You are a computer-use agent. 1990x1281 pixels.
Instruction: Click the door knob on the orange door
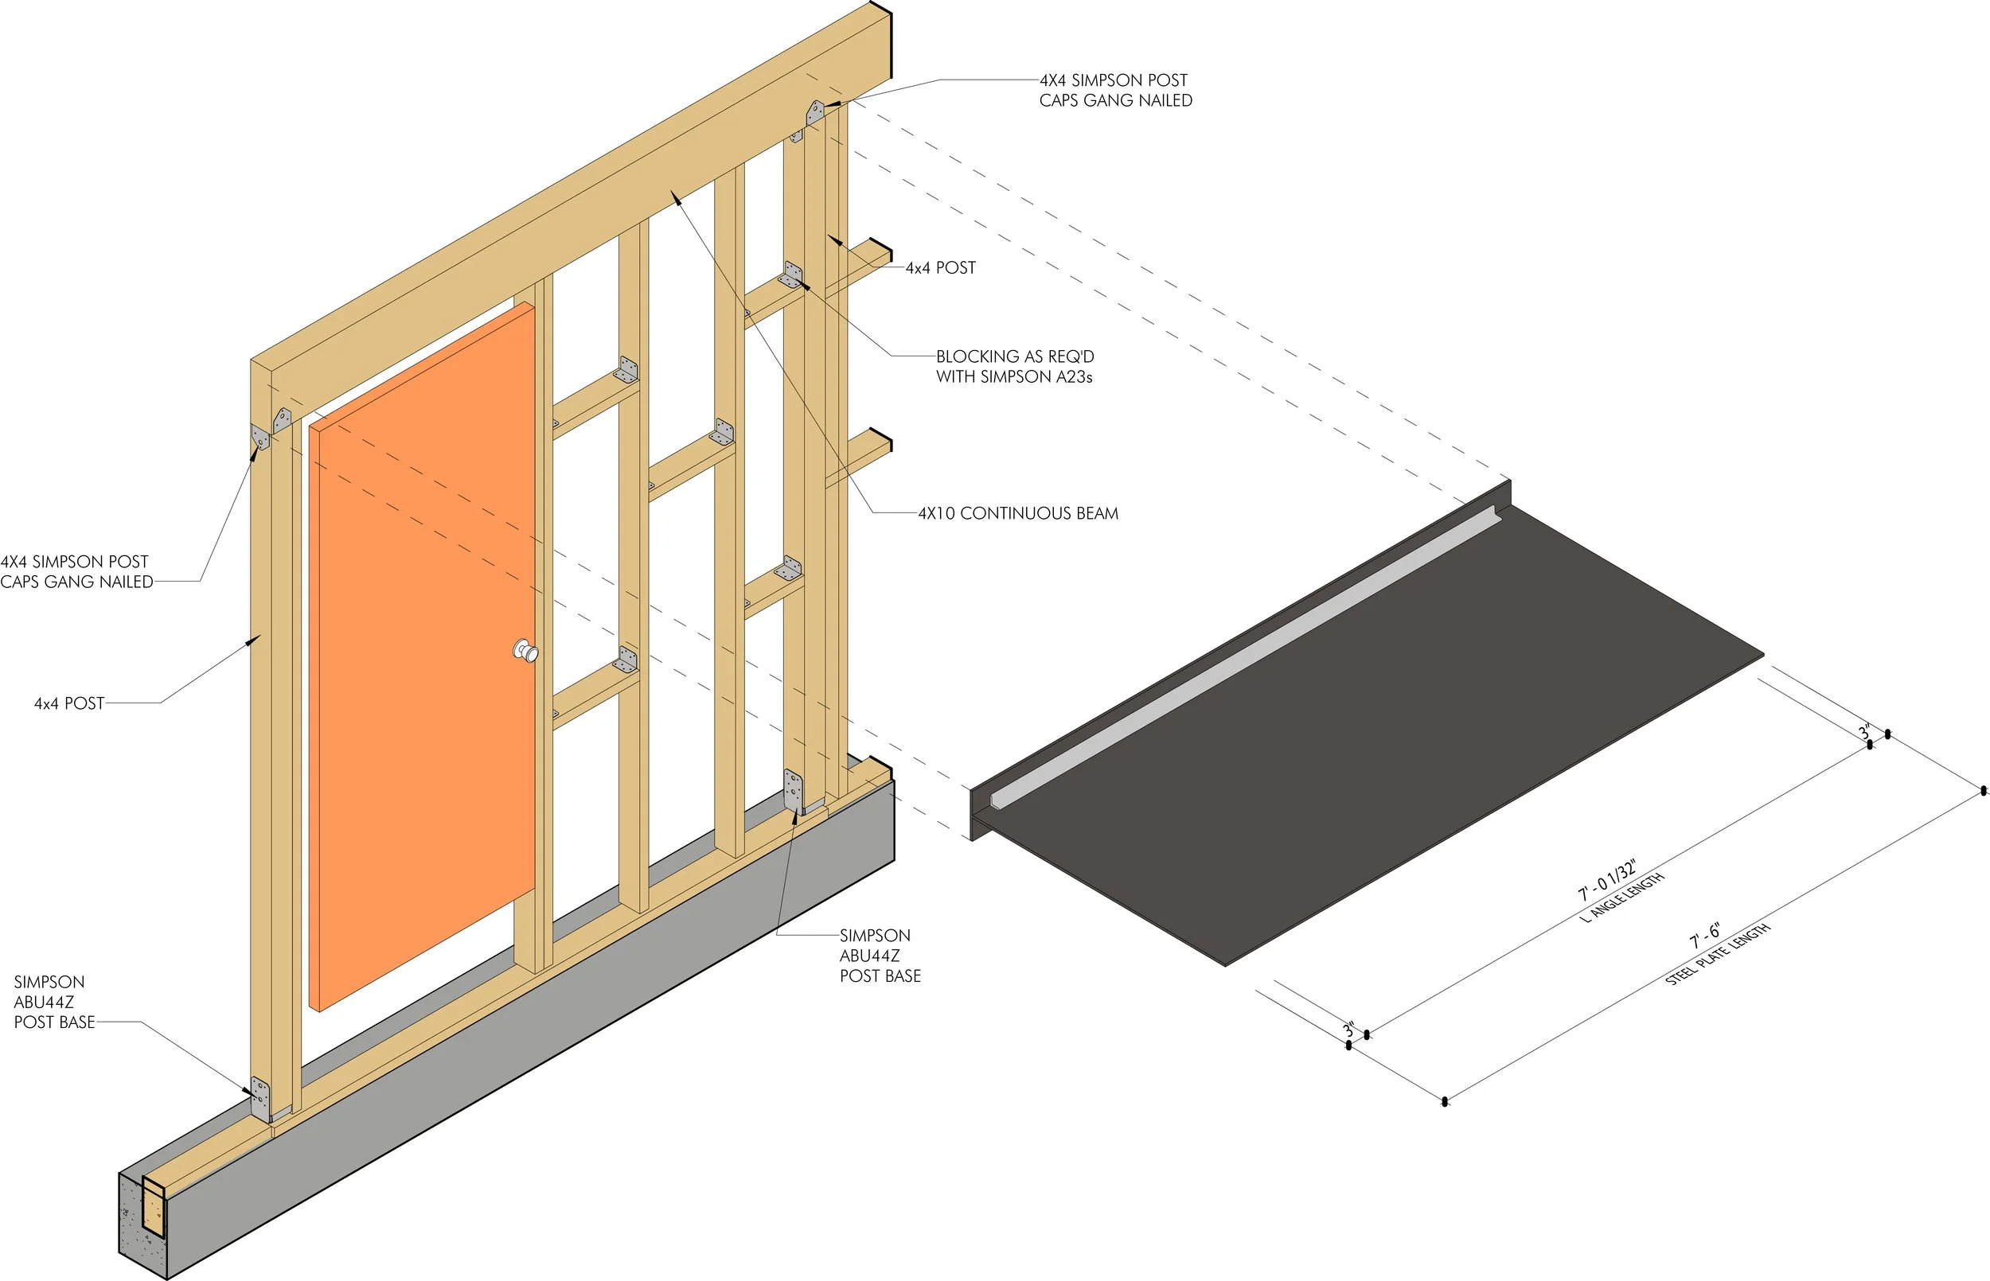526,651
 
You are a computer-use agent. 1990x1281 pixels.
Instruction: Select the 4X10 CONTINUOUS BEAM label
1018,513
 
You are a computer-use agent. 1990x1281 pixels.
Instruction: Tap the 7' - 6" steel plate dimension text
1705,937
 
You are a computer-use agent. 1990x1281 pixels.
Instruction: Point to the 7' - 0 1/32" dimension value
1607,881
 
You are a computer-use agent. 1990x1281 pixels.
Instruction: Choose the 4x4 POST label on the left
69,703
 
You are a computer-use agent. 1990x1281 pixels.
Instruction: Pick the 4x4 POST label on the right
940,268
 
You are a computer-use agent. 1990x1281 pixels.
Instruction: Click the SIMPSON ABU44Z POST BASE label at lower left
54,1003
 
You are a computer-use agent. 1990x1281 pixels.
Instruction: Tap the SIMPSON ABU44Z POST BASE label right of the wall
880,956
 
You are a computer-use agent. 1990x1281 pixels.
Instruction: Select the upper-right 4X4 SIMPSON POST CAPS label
1116,90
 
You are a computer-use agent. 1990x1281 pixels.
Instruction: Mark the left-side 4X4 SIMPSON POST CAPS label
76,571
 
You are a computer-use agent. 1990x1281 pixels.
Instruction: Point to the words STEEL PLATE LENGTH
1717,955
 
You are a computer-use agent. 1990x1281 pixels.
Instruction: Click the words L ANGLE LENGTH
1621,897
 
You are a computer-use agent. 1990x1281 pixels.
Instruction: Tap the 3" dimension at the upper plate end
1865,732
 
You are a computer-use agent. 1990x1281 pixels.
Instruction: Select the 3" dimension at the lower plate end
1348,1030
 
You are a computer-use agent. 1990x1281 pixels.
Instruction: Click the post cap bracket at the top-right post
814,111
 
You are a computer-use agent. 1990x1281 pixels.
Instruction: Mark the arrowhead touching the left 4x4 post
255,640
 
